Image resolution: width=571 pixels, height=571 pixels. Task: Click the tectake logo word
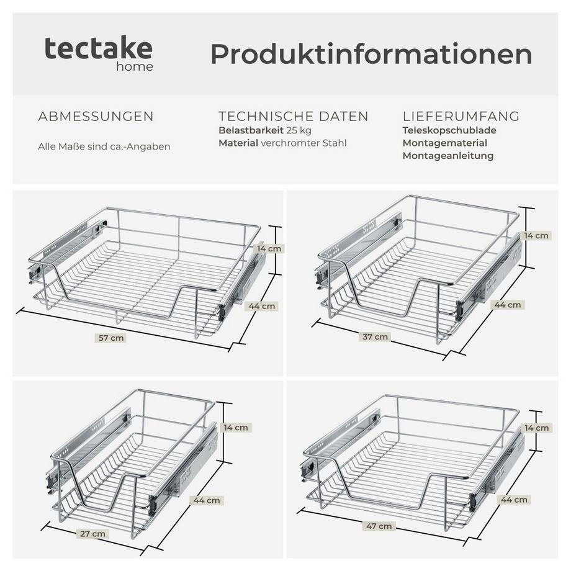(98, 48)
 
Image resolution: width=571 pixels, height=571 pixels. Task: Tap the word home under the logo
(135, 66)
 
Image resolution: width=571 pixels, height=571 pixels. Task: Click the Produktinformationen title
(371, 55)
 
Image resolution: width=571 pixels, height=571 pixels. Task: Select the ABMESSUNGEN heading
(96, 117)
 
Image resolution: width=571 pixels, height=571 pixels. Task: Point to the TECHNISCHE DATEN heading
(293, 117)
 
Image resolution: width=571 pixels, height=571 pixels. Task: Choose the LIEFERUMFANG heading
(461, 117)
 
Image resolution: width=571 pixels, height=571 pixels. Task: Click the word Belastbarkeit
(251, 130)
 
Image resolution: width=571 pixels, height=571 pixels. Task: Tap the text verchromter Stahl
(303, 143)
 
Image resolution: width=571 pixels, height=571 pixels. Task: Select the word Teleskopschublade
(449, 130)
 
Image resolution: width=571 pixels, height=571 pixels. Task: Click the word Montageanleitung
(447, 156)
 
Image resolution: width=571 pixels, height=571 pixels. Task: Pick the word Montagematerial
(444, 143)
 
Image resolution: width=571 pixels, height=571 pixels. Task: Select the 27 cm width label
(93, 534)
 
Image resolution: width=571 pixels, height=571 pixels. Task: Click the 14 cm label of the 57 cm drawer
(269, 248)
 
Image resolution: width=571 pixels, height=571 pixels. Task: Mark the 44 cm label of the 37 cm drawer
(508, 305)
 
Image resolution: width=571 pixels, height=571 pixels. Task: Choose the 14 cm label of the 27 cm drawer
(236, 427)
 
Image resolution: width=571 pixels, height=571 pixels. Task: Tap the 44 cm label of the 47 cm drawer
(513, 500)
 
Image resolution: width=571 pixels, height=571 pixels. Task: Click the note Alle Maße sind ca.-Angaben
(104, 147)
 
